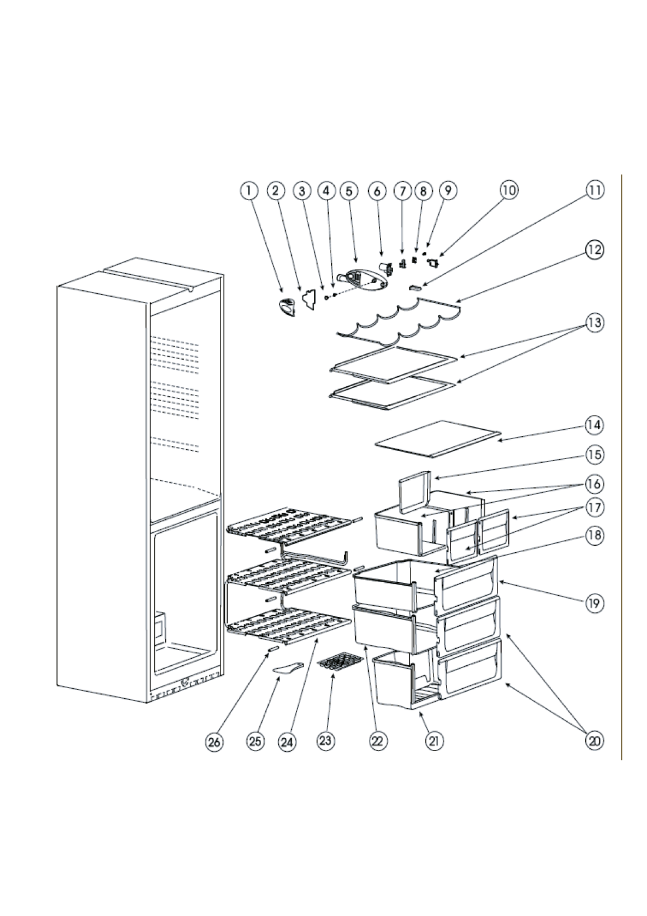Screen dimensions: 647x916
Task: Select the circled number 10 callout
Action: [x=509, y=190]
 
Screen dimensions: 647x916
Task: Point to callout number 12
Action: [x=595, y=250]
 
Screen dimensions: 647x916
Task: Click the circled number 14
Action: [x=594, y=425]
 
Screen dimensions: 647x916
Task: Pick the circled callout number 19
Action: [x=594, y=603]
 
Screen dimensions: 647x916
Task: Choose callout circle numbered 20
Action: [x=594, y=741]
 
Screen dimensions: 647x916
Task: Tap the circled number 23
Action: [x=325, y=741]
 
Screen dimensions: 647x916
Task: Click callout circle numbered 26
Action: [x=215, y=742]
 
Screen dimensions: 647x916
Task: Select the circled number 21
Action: [x=434, y=741]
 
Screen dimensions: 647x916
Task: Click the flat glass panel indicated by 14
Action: [x=438, y=439]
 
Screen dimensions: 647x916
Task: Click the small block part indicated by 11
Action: [x=413, y=288]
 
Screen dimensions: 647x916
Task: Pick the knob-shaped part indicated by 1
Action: [x=286, y=307]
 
